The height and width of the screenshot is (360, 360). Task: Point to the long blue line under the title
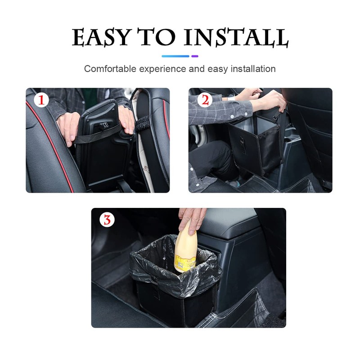point(175,56)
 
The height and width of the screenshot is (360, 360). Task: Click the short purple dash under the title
point(195,56)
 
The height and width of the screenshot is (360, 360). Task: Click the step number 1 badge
point(41,99)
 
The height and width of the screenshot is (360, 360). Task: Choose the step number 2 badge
point(205,99)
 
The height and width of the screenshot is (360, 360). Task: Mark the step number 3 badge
point(107,220)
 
